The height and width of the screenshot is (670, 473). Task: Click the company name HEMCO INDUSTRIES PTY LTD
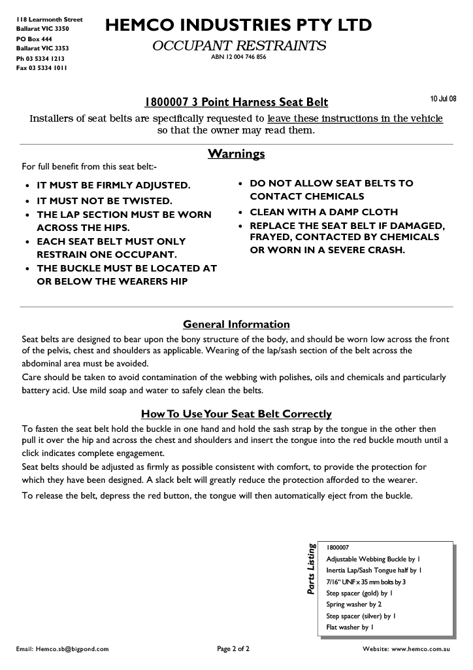[238, 26]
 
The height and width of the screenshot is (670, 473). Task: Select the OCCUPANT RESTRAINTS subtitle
[238, 46]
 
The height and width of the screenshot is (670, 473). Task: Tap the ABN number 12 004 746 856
[238, 57]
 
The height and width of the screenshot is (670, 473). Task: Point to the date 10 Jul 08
[444, 99]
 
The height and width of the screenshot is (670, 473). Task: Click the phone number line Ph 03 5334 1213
[41, 58]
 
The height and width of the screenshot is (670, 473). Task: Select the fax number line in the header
[41, 68]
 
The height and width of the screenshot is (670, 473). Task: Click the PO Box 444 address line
[34, 39]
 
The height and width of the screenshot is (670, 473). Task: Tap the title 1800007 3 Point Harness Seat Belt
[236, 102]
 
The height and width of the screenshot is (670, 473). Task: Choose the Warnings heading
[236, 154]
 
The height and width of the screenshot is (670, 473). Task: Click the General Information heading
[236, 325]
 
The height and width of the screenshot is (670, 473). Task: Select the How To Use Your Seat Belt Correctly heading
[236, 414]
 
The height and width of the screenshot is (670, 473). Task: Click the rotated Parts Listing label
[312, 569]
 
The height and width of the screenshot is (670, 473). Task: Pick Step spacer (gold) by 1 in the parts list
[359, 593]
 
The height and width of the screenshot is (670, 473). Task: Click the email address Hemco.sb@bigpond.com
[63, 649]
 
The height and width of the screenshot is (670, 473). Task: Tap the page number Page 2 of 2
[233, 649]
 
